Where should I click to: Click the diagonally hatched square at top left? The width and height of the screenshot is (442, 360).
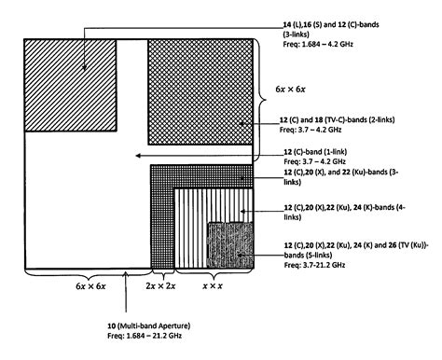70,86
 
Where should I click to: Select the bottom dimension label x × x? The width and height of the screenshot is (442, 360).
215,279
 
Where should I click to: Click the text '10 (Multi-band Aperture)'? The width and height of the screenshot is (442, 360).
149,324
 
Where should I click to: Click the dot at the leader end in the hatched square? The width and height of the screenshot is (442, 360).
86,66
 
